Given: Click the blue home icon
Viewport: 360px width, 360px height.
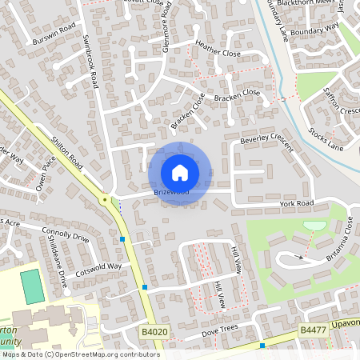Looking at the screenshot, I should (x=180, y=172).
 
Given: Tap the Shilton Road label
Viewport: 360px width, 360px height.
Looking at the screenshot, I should (x=67, y=149).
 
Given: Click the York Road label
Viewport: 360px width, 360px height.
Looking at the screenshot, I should (x=297, y=204).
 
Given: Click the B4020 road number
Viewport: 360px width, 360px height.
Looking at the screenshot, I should (x=154, y=330).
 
